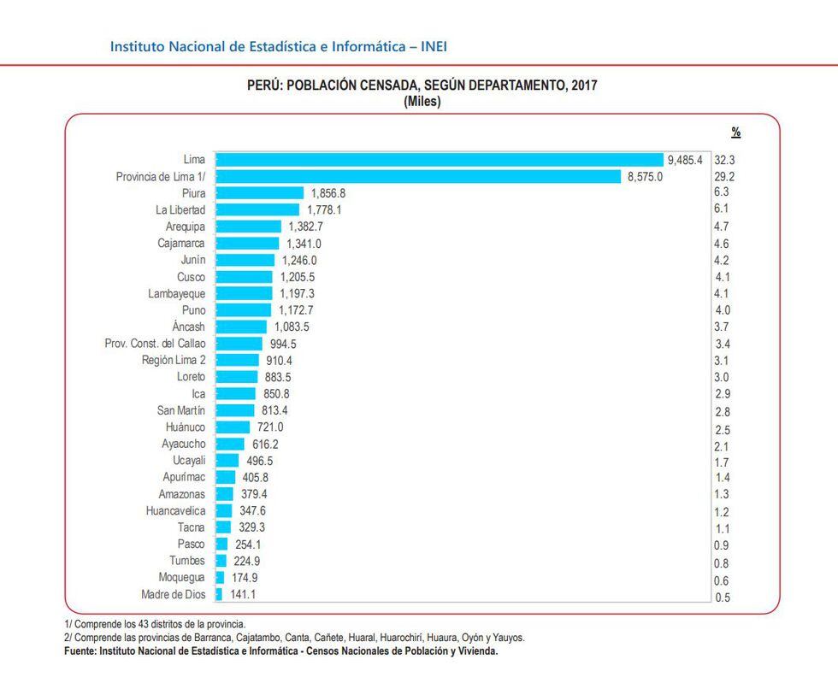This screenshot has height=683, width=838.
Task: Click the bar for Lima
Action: [439, 160]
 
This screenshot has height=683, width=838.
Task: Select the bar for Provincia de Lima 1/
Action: [417, 177]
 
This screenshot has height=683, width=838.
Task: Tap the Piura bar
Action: [259, 193]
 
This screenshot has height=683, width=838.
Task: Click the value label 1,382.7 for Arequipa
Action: [305, 227]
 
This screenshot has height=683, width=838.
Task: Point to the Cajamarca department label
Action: [181, 244]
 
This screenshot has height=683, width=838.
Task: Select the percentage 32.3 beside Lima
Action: [725, 160]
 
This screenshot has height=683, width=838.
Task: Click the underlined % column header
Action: [735, 132]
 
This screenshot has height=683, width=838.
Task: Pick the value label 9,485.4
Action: [685, 160]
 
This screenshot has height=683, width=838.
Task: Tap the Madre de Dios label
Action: [173, 594]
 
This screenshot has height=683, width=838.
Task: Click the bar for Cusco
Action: [244, 277]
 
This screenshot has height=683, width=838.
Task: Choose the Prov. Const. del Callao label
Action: [155, 344]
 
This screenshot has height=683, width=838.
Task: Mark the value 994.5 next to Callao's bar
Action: [281, 344]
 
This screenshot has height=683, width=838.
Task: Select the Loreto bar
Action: [236, 377]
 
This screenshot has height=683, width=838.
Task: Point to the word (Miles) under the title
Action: [422, 102]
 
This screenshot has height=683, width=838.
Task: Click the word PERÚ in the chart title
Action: [264, 86]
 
